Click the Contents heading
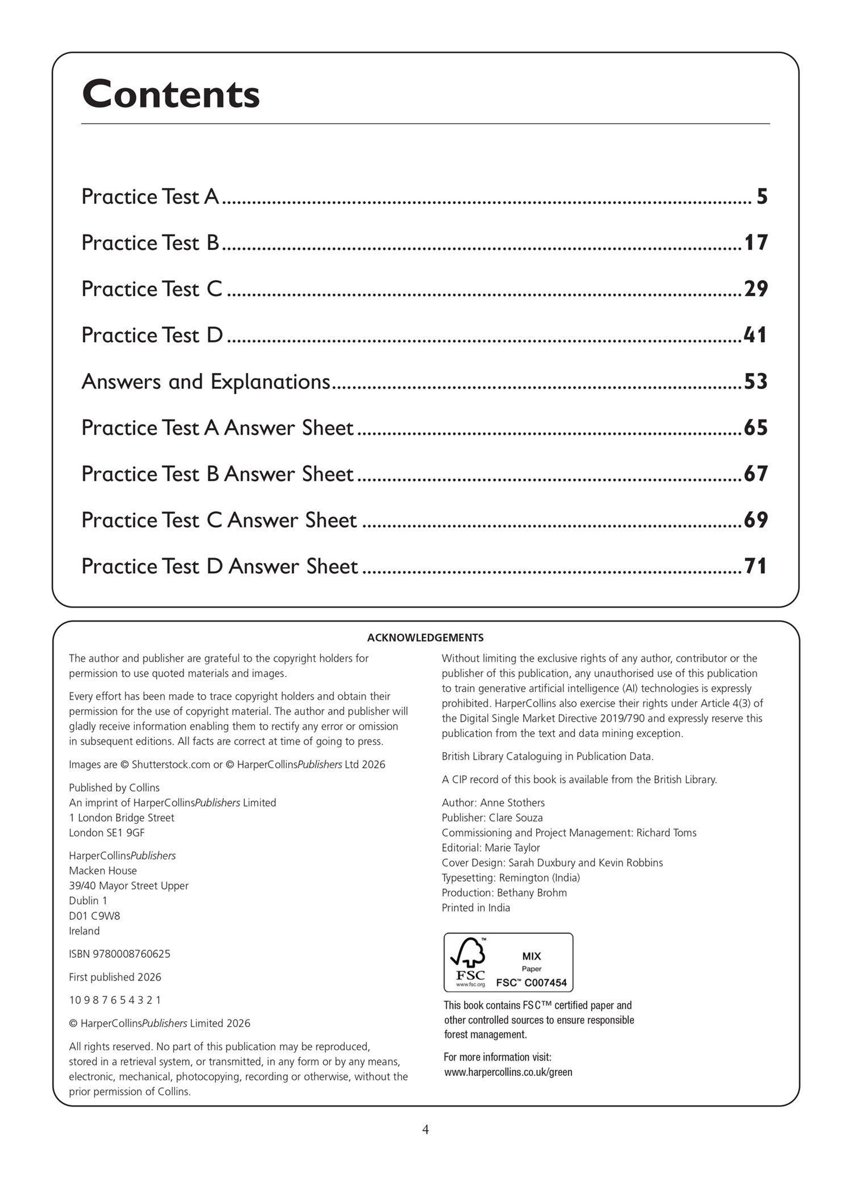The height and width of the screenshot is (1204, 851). click(171, 95)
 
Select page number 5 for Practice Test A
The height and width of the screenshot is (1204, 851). click(761, 197)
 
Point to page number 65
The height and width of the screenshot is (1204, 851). click(756, 428)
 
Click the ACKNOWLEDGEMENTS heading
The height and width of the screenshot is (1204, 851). click(425, 638)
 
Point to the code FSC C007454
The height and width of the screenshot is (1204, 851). click(532, 983)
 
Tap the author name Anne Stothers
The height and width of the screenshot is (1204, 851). click(512, 803)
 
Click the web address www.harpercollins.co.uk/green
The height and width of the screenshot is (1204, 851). click(508, 1072)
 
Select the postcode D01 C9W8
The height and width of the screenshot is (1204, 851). click(94, 916)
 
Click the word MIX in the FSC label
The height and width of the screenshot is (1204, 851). click(532, 956)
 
